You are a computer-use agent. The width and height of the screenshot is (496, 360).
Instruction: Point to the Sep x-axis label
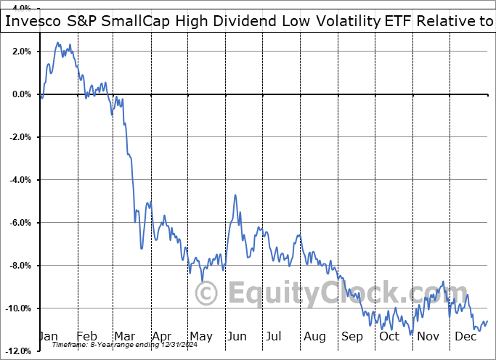(351, 336)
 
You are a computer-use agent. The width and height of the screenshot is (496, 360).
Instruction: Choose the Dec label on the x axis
(464, 336)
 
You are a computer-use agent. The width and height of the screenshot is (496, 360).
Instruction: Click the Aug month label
(314, 336)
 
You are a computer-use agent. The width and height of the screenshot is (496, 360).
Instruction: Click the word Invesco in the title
(34, 22)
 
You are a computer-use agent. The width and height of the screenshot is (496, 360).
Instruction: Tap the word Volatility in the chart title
(342, 22)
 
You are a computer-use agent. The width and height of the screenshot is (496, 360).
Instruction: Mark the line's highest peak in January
(57, 43)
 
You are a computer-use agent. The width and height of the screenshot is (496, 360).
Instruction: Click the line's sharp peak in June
(235, 195)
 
